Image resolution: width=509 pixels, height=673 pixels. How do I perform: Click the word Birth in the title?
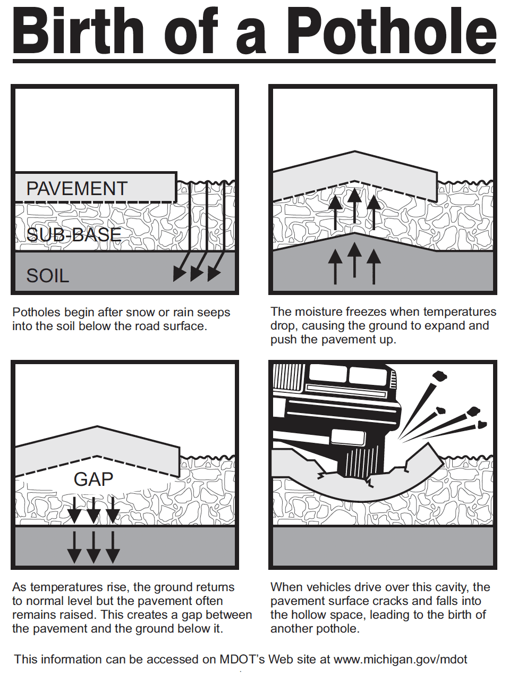pyautogui.click(x=78, y=31)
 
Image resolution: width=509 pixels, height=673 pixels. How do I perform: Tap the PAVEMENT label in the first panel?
pyautogui.click(x=77, y=188)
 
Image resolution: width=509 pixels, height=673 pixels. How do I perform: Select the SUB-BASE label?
pyautogui.click(x=74, y=234)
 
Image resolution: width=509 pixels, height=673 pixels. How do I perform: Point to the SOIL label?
pyautogui.click(x=47, y=276)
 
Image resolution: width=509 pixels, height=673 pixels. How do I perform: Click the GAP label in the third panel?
pyautogui.click(x=94, y=479)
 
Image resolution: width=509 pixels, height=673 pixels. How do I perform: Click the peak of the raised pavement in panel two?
pyautogui.click(x=355, y=152)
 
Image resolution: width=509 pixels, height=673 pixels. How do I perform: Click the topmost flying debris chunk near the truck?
pyautogui.click(x=440, y=376)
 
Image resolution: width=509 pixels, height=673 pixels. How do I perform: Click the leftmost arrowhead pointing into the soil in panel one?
pyautogui.click(x=179, y=273)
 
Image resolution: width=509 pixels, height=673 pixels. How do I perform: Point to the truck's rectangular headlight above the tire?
pyautogui.click(x=349, y=437)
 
